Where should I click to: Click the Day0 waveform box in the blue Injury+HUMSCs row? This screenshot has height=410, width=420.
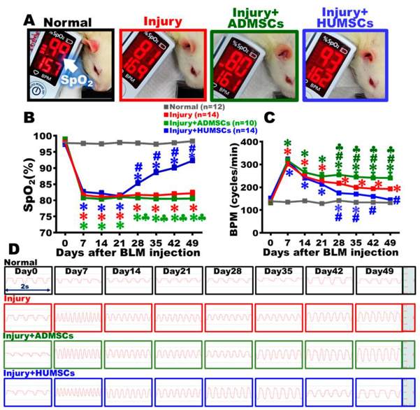[27, 391]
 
